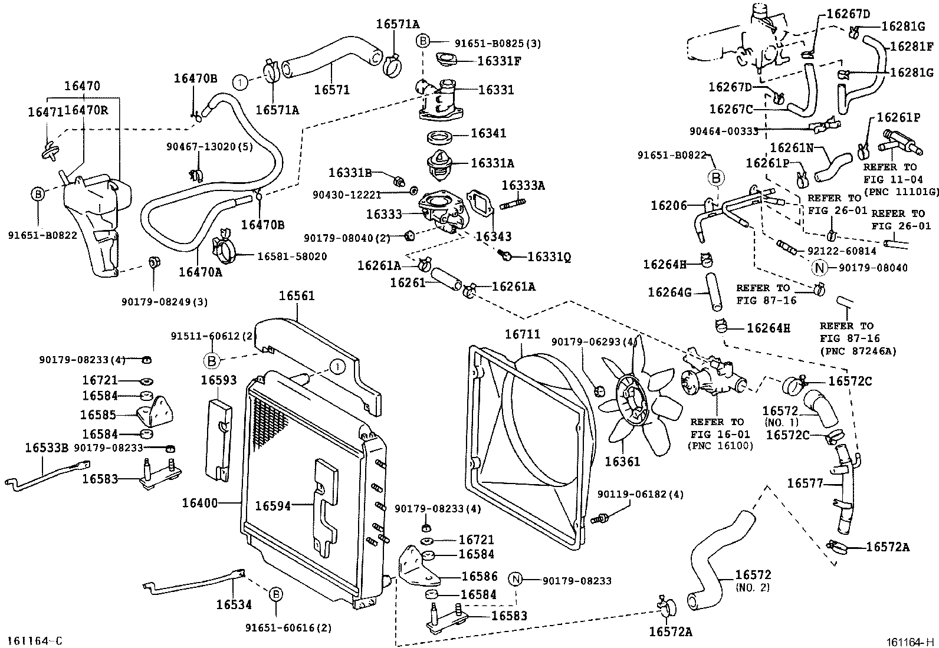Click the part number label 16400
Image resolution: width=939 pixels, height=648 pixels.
(x=199, y=503)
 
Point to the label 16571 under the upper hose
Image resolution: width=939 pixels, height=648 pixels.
(x=331, y=90)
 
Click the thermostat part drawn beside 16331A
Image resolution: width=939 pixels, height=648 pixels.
(x=441, y=163)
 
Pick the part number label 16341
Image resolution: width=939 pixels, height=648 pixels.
(x=488, y=134)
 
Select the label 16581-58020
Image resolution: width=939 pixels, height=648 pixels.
(x=292, y=256)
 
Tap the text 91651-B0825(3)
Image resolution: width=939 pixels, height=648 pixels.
(x=498, y=43)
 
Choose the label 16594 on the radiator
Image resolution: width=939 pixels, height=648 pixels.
(x=272, y=505)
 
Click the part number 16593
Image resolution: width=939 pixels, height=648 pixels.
(x=218, y=380)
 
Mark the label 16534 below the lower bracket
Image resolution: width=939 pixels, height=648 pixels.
(x=234, y=604)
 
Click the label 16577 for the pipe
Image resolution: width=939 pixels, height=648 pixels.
(x=805, y=484)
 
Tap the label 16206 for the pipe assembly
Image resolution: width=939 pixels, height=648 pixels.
(x=669, y=205)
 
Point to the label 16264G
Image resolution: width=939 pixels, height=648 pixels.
(x=669, y=292)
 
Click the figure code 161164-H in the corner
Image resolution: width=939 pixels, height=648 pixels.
(x=908, y=642)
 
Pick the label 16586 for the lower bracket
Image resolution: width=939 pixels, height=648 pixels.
(x=480, y=576)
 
